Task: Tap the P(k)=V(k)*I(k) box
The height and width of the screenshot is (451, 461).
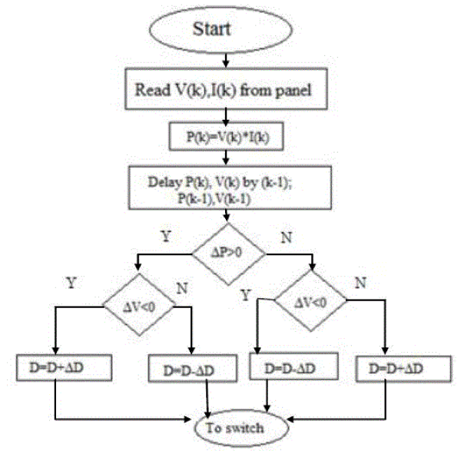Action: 225,135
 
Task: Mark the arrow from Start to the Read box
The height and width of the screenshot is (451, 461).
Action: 224,59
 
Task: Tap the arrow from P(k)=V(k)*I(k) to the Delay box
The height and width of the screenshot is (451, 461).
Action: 224,157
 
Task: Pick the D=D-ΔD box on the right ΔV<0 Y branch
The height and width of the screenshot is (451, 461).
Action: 291,368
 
